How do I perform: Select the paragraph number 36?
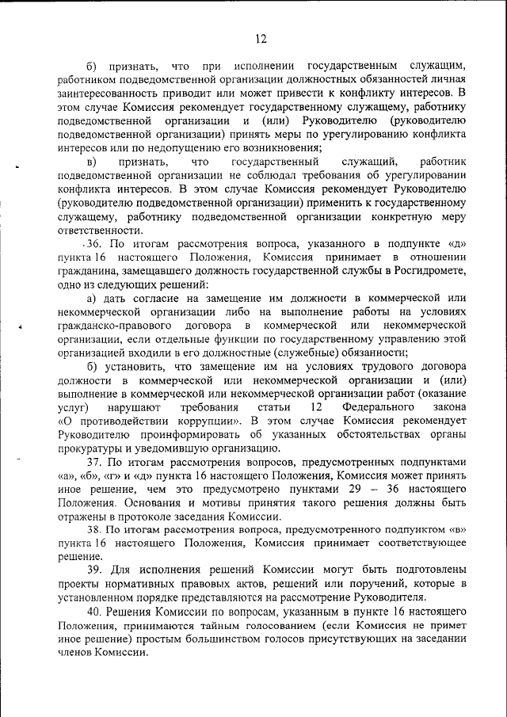click(97, 244)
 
